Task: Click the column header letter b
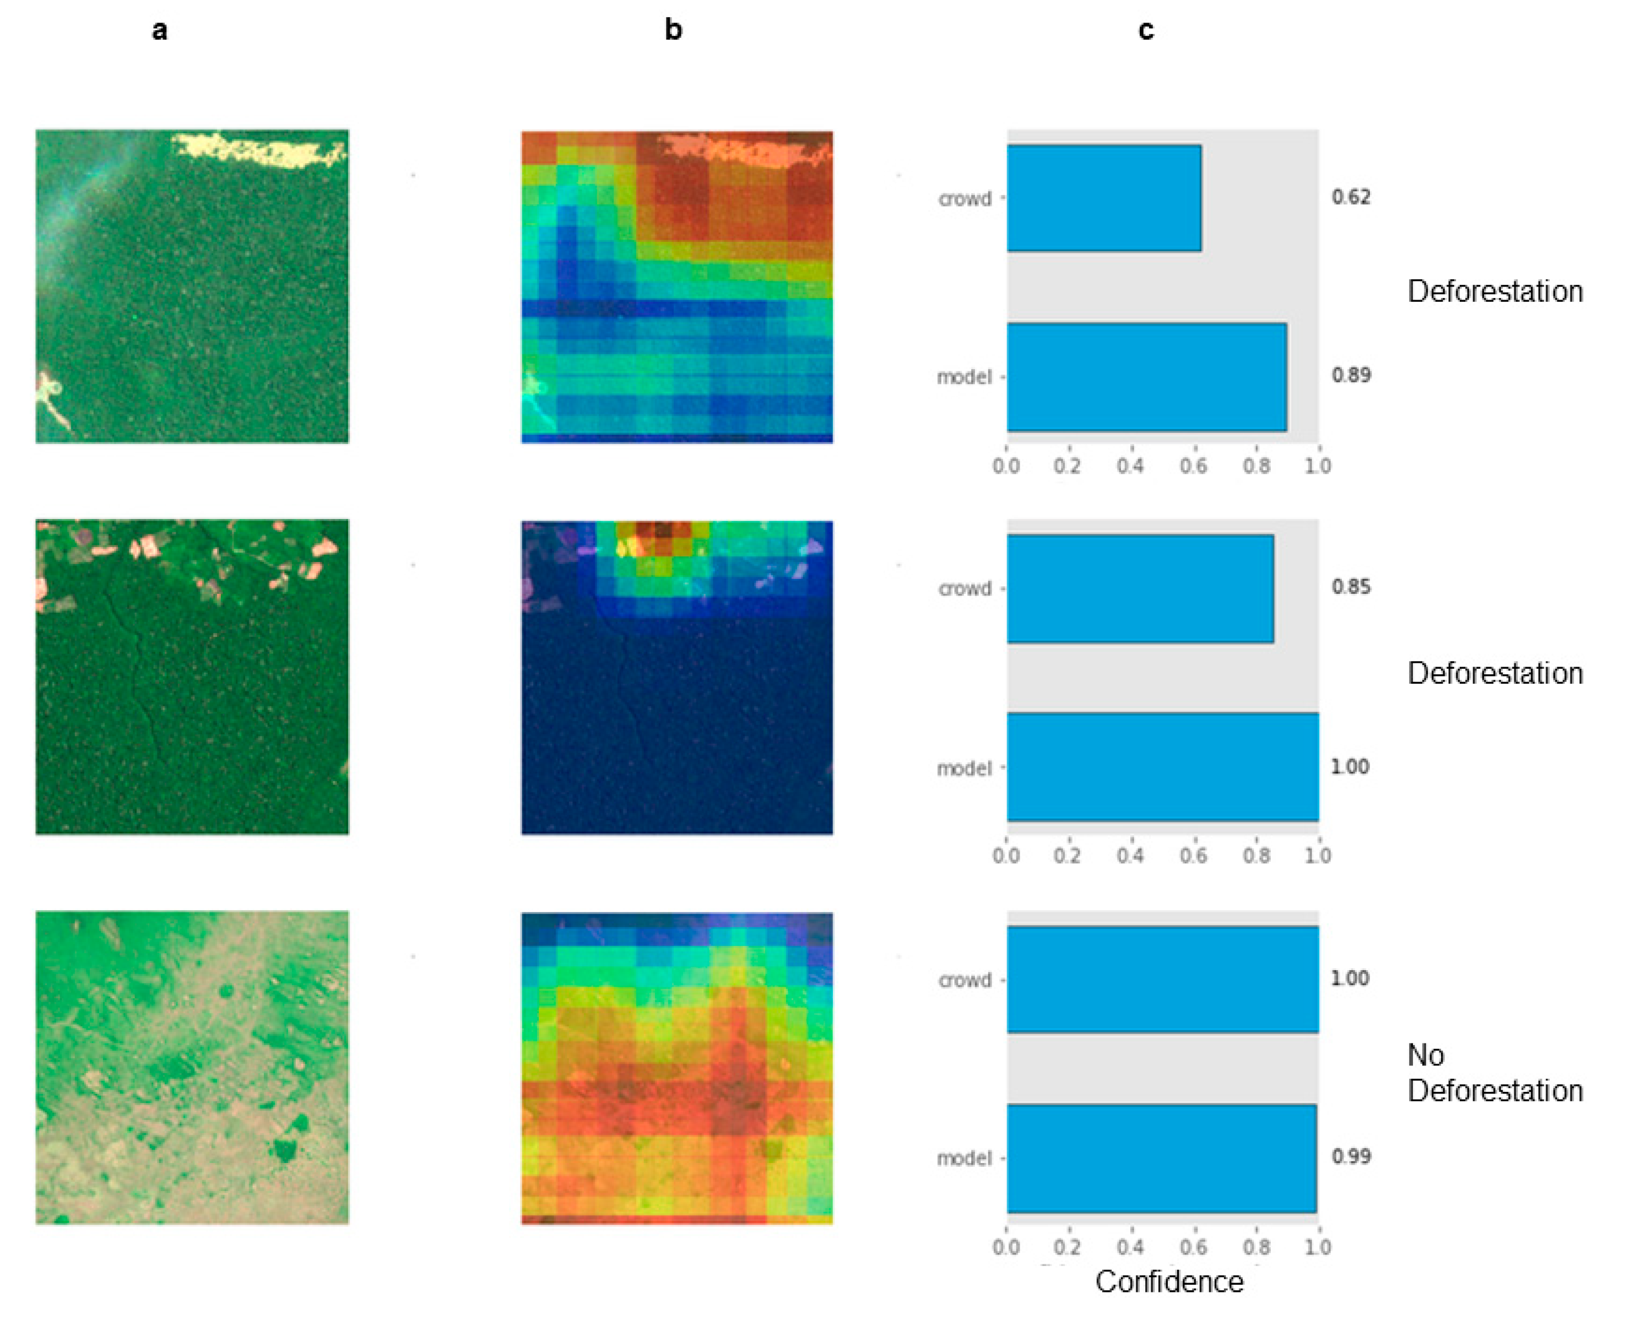coord(673,30)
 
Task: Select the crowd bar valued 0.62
coord(1103,198)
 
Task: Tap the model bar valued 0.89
coord(1146,377)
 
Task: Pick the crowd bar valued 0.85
coord(1140,588)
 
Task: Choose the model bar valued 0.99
coord(1161,1158)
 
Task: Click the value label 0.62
coord(1351,197)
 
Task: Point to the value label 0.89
coord(1351,375)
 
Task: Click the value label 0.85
coord(1351,586)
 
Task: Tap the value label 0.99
coord(1351,1156)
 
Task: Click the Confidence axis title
coord(1169,1282)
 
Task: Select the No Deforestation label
coord(1493,1073)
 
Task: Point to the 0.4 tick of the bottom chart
coord(1130,1247)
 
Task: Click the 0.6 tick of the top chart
coord(1193,466)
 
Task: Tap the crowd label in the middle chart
coord(965,588)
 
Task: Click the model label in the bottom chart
coord(964,1158)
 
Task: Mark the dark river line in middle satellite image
coord(137,669)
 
